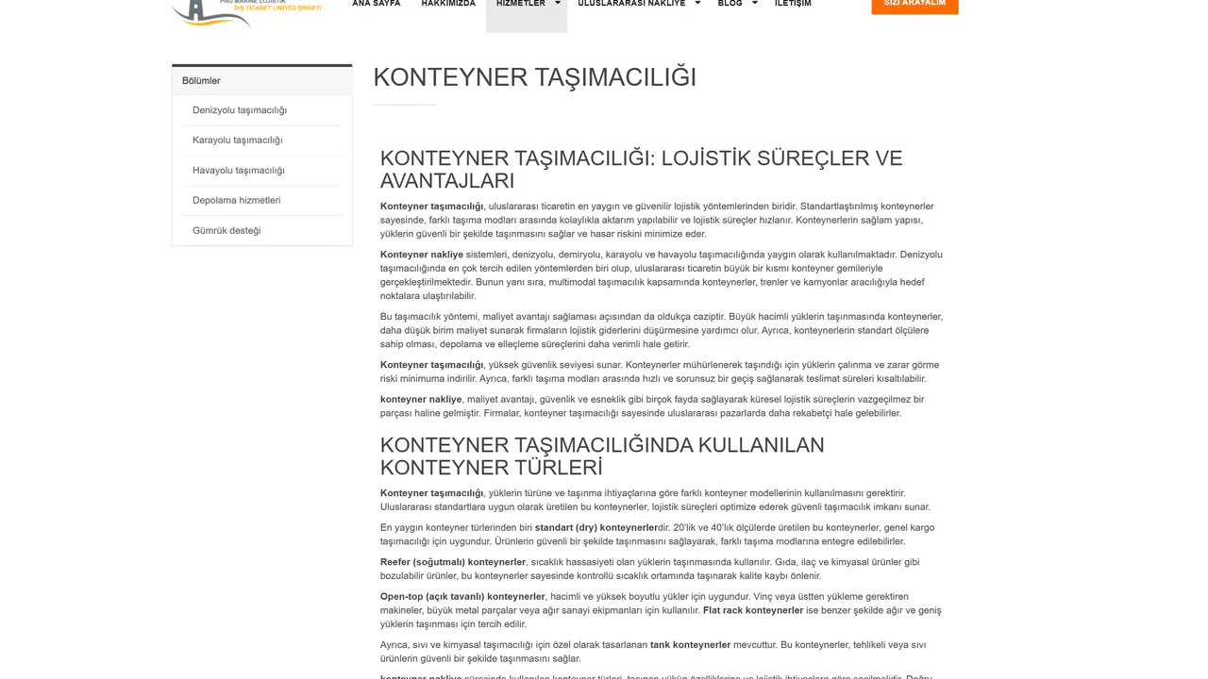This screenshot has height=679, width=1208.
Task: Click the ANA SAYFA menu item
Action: (376, 4)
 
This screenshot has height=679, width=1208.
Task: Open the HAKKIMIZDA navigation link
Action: (448, 4)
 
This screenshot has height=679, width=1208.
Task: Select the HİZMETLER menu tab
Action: (521, 4)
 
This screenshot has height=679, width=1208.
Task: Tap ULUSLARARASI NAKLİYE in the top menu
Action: (631, 4)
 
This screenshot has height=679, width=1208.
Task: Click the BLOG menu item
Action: (730, 4)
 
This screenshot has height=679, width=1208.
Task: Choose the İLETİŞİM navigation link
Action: (793, 4)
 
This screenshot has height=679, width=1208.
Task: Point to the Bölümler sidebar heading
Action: (201, 81)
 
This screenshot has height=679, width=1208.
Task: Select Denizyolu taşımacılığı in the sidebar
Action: (240, 110)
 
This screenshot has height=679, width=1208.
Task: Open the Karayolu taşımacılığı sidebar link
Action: (237, 141)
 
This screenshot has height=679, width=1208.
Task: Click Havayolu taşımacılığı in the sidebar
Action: (238, 171)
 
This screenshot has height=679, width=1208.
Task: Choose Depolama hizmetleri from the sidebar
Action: (236, 201)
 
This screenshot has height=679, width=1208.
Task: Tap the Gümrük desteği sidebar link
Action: (226, 231)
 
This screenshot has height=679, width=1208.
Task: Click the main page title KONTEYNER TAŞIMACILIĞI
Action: (534, 77)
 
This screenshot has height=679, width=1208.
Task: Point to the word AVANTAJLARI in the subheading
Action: (447, 181)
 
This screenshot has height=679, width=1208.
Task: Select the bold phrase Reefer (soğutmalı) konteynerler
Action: (453, 562)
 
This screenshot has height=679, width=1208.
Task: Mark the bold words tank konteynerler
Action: (690, 645)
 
